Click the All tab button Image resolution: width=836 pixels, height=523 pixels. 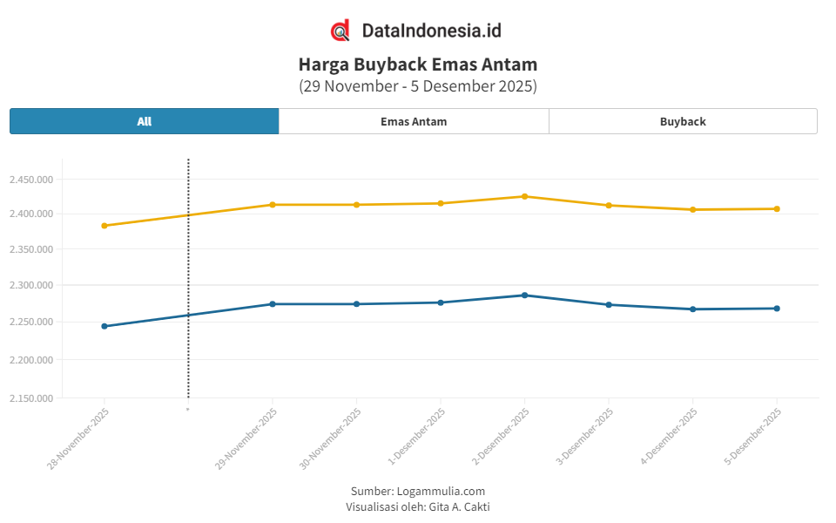[145, 121]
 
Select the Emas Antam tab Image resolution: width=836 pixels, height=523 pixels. [414, 121]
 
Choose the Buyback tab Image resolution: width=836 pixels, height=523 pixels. [683, 121]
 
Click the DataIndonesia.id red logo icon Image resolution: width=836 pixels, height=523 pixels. [340, 31]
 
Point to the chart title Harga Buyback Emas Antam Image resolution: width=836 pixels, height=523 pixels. [418, 65]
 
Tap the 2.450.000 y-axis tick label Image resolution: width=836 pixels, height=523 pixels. [30, 180]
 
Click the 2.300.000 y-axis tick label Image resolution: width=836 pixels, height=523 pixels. [30, 286]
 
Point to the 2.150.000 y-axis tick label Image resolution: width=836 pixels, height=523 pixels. [30, 398]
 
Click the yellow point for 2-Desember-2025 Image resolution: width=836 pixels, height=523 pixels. [524, 196]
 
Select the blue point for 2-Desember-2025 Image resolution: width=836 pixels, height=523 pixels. [524, 295]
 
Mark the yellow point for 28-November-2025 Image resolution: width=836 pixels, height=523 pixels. [104, 226]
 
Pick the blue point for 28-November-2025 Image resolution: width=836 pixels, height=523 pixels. [104, 326]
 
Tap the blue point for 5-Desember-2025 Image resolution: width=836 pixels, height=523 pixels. [777, 309]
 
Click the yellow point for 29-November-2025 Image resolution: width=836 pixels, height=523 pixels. [273, 205]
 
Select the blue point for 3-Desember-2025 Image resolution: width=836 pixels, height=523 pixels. [609, 305]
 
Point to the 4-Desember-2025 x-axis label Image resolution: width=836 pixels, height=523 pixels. [668, 438]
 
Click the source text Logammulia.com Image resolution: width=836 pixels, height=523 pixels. [441, 491]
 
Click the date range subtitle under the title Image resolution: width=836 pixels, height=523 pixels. [418, 86]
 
